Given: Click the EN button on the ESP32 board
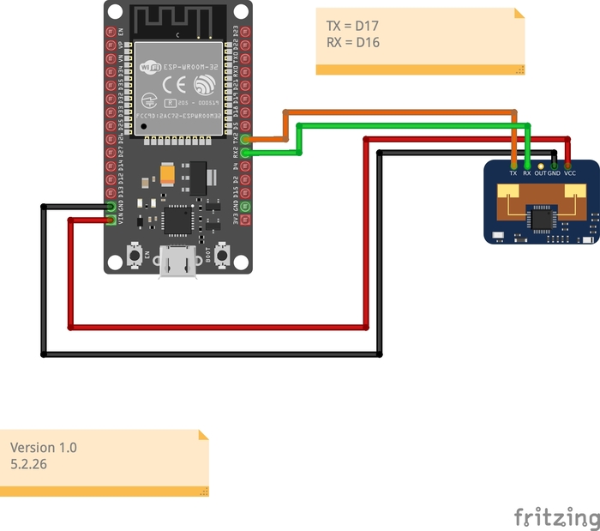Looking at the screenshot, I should pyautogui.click(x=135, y=254).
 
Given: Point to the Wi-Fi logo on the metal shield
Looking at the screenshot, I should pyautogui.click(x=151, y=66).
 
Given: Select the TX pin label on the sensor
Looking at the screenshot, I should pyautogui.click(x=513, y=172).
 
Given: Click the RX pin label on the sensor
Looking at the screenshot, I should pyautogui.click(x=527, y=172).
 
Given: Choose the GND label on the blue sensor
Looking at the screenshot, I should pyautogui.click(x=554, y=172).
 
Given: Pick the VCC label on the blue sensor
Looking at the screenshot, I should pyautogui.click(x=570, y=172).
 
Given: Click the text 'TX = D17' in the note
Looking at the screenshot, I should pyautogui.click(x=353, y=26).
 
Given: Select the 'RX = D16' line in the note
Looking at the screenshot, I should pyautogui.click(x=353, y=42).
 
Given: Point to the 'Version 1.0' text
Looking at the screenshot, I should pyautogui.click(x=44, y=447).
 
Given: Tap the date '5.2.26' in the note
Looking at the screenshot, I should pyautogui.click(x=30, y=463).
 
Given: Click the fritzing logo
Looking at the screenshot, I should pyautogui.click(x=556, y=517).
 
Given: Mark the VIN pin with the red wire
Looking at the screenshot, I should pyautogui.click(x=111, y=220).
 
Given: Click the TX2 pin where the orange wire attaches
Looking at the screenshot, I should pyautogui.click(x=246, y=139).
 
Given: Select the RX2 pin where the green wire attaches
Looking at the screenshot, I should pyautogui.click(x=246, y=153).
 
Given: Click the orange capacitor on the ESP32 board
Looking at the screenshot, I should pyautogui.click(x=165, y=175).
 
